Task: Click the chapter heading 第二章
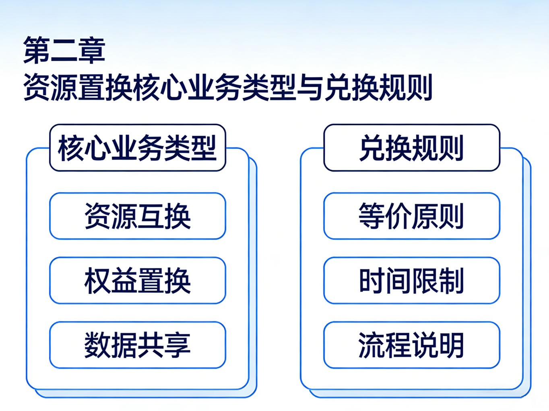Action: click(64, 50)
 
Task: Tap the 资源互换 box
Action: click(138, 216)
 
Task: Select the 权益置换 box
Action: click(138, 280)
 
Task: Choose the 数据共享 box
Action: click(138, 345)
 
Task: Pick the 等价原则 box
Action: click(412, 216)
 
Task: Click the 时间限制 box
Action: click(412, 280)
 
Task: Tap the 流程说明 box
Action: click(412, 345)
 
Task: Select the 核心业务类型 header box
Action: click(138, 148)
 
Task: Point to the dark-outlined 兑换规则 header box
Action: click(412, 148)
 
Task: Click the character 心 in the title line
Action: click(173, 87)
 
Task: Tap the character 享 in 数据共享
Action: click(177, 345)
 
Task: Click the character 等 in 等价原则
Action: click(372, 216)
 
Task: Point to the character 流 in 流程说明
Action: click(372, 345)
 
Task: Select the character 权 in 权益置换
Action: click(98, 280)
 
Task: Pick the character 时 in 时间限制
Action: click(372, 280)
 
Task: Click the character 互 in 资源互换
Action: click(151, 216)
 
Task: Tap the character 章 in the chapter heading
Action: click(91, 50)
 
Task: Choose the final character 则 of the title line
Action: click(419, 87)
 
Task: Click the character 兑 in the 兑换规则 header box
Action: click(373, 148)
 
